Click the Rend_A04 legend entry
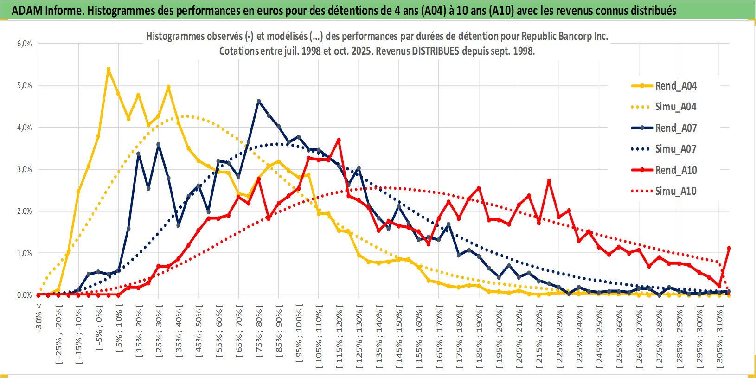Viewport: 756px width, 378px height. tap(675, 86)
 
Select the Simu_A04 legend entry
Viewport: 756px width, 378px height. tap(675, 107)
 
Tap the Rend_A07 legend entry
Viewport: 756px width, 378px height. tap(675, 128)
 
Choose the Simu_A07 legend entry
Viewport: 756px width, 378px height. tap(675, 149)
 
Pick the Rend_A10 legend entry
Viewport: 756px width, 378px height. tap(675, 170)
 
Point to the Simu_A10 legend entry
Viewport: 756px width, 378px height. tap(675, 191)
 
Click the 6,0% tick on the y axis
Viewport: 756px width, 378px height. tap(25, 44)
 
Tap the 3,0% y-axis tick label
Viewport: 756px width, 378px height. tap(25, 169)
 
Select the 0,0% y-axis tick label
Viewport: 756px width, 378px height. tap(25, 295)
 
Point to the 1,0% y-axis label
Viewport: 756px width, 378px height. tap(25, 253)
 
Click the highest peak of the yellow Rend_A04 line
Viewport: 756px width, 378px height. tap(109, 69)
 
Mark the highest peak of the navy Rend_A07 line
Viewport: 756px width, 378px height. tap(259, 101)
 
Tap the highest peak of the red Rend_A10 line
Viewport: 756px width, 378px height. tap(339, 140)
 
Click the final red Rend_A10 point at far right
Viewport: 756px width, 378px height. tap(729, 248)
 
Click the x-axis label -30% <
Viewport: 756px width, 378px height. tap(39, 318)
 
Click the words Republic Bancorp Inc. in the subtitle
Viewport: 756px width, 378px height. tap(564, 36)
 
